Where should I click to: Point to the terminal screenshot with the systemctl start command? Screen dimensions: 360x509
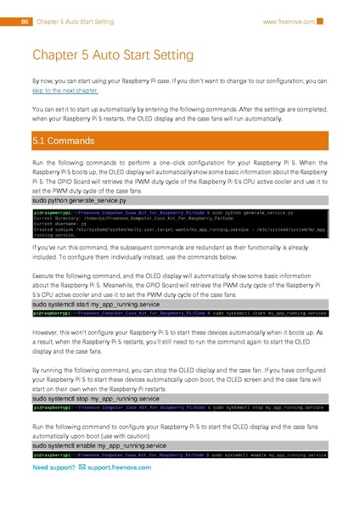tap(179, 313)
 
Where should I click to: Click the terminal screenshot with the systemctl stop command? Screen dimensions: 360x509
tap(179, 408)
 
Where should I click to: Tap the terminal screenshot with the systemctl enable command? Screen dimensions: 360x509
tap(179, 456)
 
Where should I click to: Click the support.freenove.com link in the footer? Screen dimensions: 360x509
tap(119, 467)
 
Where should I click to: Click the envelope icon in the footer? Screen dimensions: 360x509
tap(81, 467)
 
